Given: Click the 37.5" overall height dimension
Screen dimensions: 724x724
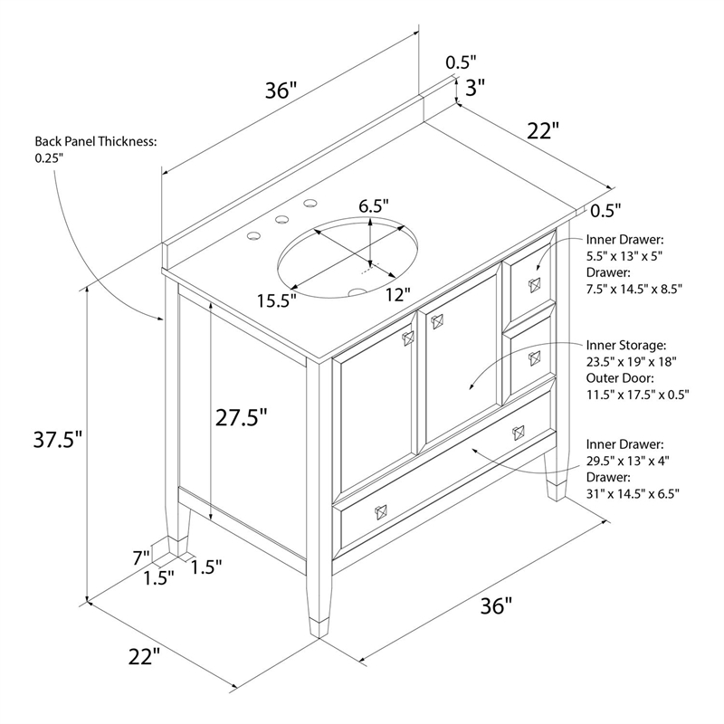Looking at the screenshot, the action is (58, 439).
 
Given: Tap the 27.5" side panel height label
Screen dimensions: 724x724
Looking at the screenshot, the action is (241, 417).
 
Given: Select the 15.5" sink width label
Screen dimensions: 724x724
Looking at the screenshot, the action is (277, 300).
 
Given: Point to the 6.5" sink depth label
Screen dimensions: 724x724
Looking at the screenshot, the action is (374, 206).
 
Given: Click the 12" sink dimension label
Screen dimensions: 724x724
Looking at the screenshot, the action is (398, 294).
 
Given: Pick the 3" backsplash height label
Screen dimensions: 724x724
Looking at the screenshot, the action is (475, 87).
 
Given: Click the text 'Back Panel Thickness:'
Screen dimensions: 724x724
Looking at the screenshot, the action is (96, 141).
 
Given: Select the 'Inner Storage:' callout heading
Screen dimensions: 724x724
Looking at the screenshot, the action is (626, 345).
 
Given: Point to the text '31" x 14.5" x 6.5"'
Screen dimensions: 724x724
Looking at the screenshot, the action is (633, 493).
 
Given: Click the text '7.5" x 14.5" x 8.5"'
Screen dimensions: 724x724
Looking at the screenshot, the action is (634, 289).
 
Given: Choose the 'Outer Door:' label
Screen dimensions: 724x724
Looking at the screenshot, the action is (620, 378).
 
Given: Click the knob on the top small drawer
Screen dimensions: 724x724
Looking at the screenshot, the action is (535, 285).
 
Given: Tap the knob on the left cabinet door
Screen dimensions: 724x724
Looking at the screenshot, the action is (408, 338).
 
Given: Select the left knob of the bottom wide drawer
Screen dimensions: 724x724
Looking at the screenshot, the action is (380, 512).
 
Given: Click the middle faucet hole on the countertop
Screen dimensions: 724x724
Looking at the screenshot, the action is (281, 220).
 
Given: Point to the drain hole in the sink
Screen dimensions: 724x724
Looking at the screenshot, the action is (357, 292).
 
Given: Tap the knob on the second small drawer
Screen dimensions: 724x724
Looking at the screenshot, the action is (535, 358).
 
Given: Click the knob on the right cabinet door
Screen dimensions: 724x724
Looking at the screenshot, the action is (437, 321).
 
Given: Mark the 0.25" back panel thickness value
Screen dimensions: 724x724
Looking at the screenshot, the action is (49, 157).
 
